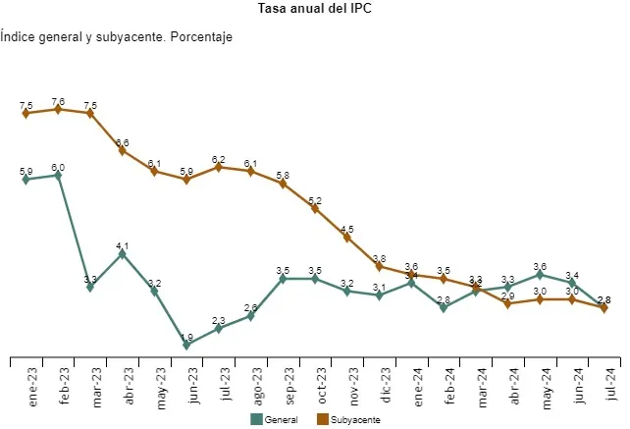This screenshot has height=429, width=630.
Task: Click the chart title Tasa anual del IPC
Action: point(315,9)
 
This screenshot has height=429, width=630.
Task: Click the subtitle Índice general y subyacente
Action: point(116,37)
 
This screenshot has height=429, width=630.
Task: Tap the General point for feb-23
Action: point(58,176)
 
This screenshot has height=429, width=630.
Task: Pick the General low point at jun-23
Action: point(186,345)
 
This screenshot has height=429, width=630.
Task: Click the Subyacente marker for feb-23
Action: point(58,109)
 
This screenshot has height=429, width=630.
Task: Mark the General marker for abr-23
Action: point(122,253)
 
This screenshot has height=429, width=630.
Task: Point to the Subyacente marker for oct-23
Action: point(315,208)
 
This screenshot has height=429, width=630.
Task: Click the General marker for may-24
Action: point(540,275)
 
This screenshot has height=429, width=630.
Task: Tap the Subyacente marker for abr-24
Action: point(507,303)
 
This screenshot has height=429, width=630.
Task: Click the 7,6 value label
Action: point(58,101)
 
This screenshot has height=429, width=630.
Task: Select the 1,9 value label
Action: point(186,337)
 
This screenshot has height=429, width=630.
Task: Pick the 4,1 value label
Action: point(122,245)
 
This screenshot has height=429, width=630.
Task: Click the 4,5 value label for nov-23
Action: point(347,229)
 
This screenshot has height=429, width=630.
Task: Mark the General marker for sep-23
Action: point(283,279)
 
